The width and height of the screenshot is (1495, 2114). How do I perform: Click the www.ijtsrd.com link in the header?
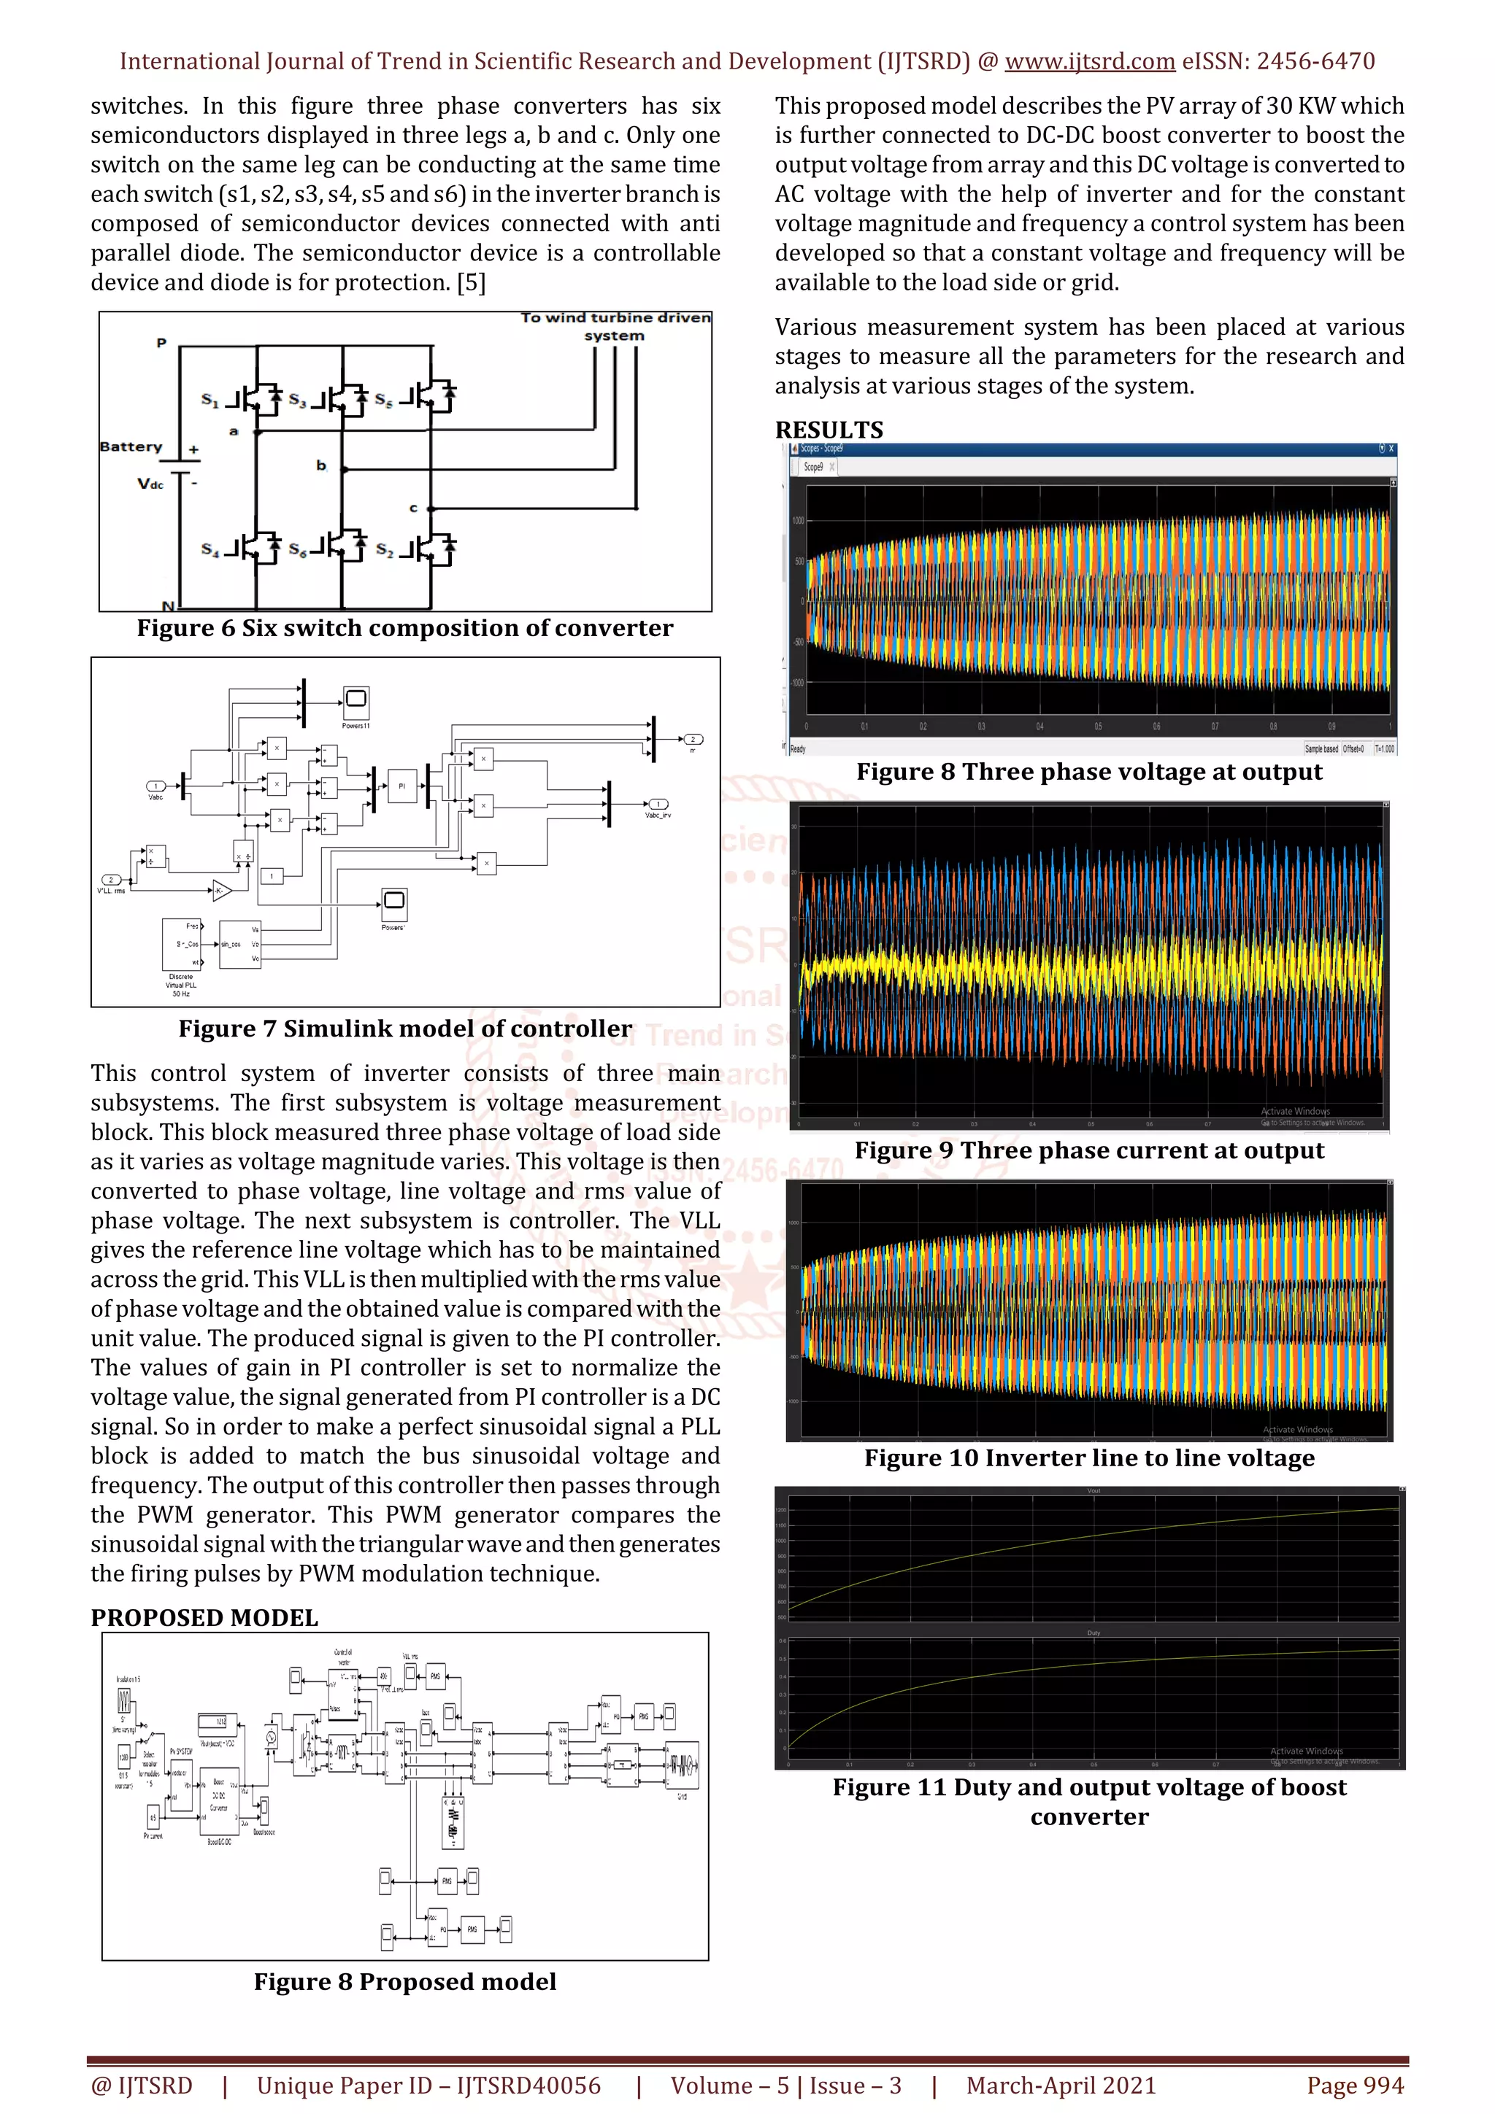coord(1089,62)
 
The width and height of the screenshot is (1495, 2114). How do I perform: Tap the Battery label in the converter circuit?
coord(131,446)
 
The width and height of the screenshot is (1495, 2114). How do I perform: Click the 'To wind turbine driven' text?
coord(615,317)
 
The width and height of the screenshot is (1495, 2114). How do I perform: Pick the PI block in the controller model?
coord(401,786)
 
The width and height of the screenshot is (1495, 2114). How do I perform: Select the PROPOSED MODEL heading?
coord(204,1618)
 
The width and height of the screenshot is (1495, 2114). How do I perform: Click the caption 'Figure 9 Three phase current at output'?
coord(1089,1151)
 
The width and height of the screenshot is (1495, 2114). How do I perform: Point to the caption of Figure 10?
coord(1089,1458)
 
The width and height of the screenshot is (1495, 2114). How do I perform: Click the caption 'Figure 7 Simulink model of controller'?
coord(405,1029)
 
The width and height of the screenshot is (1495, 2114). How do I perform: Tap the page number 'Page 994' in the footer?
coord(1354,2086)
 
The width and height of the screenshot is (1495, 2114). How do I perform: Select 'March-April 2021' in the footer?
coord(1060,2086)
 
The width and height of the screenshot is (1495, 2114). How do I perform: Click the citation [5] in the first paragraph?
coord(471,282)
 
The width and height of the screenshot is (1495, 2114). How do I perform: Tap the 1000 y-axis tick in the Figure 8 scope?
coord(798,521)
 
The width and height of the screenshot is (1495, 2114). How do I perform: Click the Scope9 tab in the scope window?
coord(813,467)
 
